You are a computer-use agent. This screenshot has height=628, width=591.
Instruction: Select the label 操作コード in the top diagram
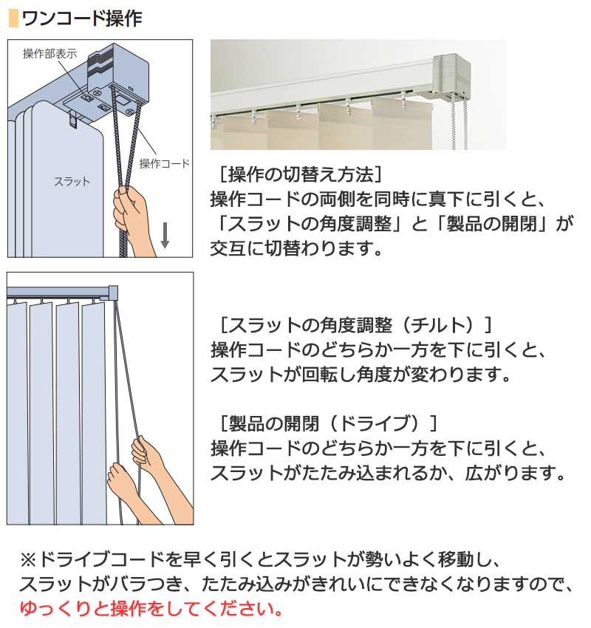(x=165, y=163)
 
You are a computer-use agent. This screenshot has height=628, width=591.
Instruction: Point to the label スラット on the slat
(x=72, y=181)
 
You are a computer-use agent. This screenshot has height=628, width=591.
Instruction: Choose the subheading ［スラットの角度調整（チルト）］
(x=355, y=324)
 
